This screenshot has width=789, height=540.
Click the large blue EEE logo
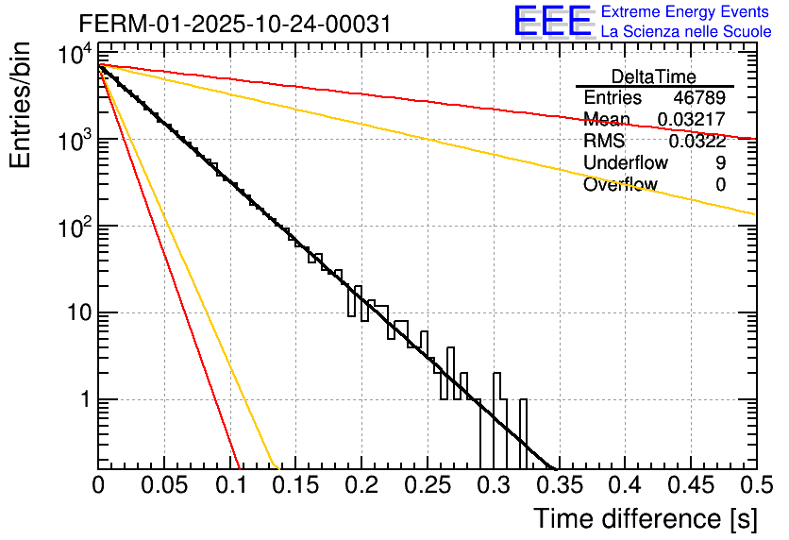click(x=552, y=21)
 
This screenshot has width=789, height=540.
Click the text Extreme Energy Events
click(x=685, y=12)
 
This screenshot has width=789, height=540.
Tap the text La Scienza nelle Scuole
click(x=686, y=31)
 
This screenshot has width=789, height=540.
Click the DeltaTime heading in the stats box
click(x=653, y=76)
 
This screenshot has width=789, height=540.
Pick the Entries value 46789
click(x=699, y=98)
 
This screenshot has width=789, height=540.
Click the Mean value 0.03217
click(x=692, y=120)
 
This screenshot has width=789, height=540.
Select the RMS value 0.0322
click(x=697, y=142)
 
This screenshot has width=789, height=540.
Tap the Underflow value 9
click(x=721, y=163)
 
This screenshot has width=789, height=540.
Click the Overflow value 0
click(x=721, y=185)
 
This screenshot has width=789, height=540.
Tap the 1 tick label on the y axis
click(x=85, y=400)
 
